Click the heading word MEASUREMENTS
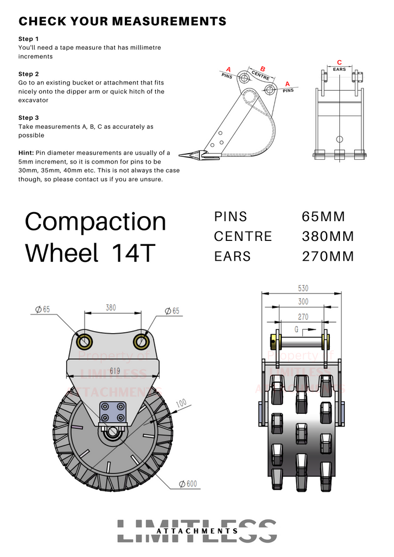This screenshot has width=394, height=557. pyautogui.click(x=169, y=22)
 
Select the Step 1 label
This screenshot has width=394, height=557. pyautogui.click(x=29, y=39)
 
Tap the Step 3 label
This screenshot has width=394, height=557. pyautogui.click(x=29, y=118)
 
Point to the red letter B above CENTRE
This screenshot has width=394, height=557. pyautogui.click(x=262, y=69)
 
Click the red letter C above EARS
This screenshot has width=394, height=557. pyautogui.click(x=339, y=63)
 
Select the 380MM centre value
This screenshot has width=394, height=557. pyautogui.click(x=328, y=237)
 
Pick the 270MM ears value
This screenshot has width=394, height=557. pyautogui.click(x=328, y=256)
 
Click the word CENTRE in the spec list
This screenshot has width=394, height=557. pyautogui.click(x=243, y=237)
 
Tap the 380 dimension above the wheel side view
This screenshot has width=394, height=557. pyautogui.click(x=111, y=308)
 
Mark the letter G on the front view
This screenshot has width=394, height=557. pyautogui.click(x=297, y=330)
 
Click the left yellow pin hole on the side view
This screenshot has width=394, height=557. pyautogui.click(x=85, y=340)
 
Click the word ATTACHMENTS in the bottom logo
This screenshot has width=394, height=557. pyautogui.click(x=197, y=531)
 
